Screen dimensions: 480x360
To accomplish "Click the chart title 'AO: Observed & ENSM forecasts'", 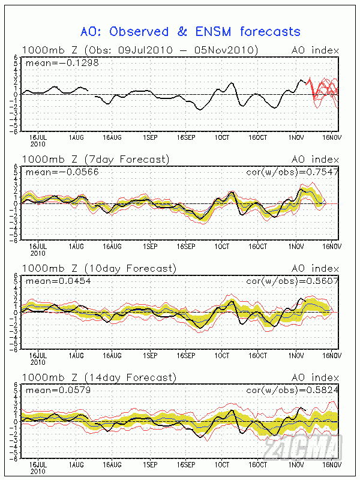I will tap(190, 31).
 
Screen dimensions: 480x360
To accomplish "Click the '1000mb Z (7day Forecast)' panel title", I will tap(95, 159).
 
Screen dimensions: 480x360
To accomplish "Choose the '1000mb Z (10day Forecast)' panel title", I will tap(98, 268).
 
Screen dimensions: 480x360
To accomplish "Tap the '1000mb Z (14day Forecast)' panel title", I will tap(98, 377).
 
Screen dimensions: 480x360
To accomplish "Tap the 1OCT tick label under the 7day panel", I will tap(223, 246).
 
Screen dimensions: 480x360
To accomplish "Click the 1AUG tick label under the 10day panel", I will tap(77, 355).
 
